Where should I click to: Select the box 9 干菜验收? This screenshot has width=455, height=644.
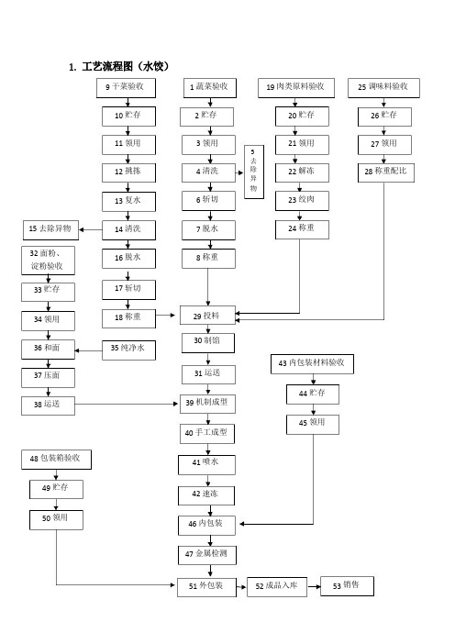[126, 88]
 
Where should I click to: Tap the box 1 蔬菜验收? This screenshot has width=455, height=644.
[210, 88]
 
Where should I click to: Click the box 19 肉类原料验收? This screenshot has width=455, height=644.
[296, 88]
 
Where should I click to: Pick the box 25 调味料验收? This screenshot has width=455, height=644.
[383, 88]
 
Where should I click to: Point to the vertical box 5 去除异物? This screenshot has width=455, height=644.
[254, 172]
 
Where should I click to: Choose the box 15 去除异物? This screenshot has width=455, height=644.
[51, 229]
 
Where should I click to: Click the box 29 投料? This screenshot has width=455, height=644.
[207, 316]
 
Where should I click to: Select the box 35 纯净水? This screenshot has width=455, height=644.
[128, 350]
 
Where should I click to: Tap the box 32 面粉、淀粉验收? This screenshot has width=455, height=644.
[48, 261]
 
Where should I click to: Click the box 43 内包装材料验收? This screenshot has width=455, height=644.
[312, 364]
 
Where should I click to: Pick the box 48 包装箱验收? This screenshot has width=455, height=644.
[56, 460]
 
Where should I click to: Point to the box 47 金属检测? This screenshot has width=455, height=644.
[207, 555]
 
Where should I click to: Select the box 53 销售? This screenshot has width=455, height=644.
[347, 586]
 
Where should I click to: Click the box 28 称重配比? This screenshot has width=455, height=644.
[385, 172]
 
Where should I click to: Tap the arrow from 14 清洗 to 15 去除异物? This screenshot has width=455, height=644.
[91, 229]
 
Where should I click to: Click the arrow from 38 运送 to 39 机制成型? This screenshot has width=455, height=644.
[126, 405]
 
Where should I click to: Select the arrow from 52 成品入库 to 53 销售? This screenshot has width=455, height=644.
[314, 586]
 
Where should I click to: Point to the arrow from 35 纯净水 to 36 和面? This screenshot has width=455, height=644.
[88, 350]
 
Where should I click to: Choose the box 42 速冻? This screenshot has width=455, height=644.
[206, 495]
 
